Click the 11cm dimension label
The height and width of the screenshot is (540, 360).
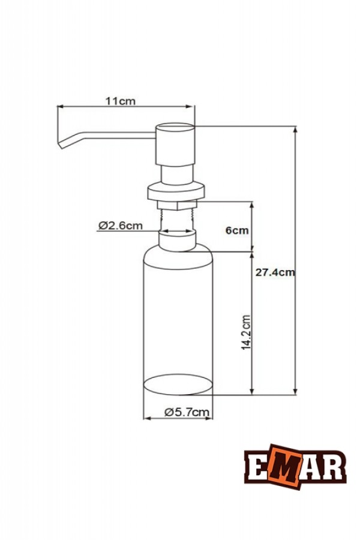pyautogui.click(x=121, y=101)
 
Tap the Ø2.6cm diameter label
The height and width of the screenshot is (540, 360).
pyautogui.click(x=120, y=226)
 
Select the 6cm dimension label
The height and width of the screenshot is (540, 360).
pyautogui.click(x=237, y=230)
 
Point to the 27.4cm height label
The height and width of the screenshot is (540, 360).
pyautogui.click(x=275, y=272)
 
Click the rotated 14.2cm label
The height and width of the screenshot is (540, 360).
pyautogui.click(x=245, y=332)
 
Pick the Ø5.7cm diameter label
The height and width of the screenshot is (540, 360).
pyautogui.click(x=187, y=412)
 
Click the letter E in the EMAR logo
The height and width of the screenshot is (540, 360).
pyautogui.click(x=256, y=466)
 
